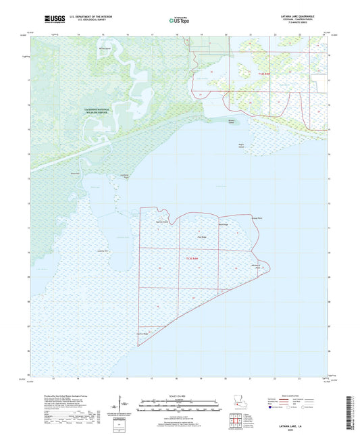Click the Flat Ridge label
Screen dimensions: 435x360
201,237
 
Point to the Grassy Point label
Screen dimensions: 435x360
256,217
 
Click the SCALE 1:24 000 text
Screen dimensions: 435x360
179,396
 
